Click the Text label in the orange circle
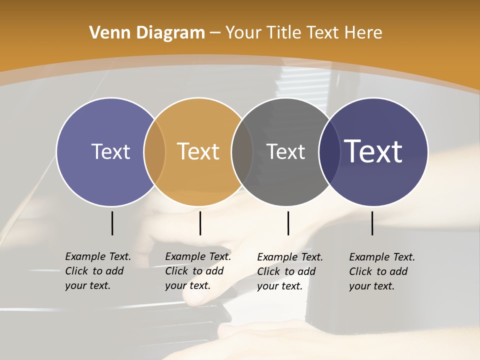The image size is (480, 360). [x=198, y=151]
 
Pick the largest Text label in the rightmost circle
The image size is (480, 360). [x=373, y=151]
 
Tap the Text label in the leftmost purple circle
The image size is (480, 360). [x=110, y=151]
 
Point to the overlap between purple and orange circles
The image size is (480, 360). [x=154, y=151]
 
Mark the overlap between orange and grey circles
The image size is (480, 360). [x=242, y=151]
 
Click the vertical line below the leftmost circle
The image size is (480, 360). [x=112, y=223]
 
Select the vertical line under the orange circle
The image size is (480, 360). [x=200, y=223]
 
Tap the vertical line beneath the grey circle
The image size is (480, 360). [x=288, y=223]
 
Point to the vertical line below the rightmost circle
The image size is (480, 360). [x=372, y=223]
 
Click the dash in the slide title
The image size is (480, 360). [x=215, y=33]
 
